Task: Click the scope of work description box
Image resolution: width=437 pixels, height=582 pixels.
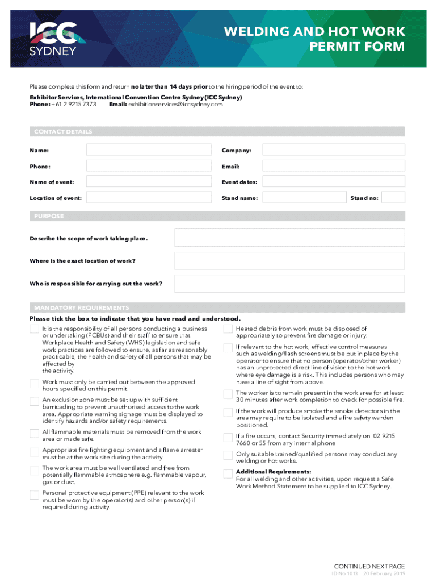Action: (x=289, y=238)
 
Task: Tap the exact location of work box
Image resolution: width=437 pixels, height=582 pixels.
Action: (x=289, y=261)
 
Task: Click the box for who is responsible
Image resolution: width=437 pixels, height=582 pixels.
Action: (x=289, y=284)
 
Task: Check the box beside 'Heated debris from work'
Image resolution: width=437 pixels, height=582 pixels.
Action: (x=228, y=330)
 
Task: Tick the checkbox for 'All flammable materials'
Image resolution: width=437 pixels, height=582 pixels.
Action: (x=34, y=434)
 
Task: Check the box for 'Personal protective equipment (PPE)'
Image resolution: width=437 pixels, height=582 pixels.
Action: (x=34, y=494)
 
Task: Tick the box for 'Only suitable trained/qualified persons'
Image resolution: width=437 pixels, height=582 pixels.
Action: (x=228, y=455)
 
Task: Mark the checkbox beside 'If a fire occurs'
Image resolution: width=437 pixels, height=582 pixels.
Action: (x=228, y=437)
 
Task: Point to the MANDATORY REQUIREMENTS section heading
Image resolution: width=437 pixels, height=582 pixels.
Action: (x=82, y=307)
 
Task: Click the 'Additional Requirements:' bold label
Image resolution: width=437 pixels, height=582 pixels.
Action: (x=265, y=472)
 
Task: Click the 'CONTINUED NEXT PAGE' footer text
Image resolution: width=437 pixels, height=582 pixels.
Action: (x=369, y=566)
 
